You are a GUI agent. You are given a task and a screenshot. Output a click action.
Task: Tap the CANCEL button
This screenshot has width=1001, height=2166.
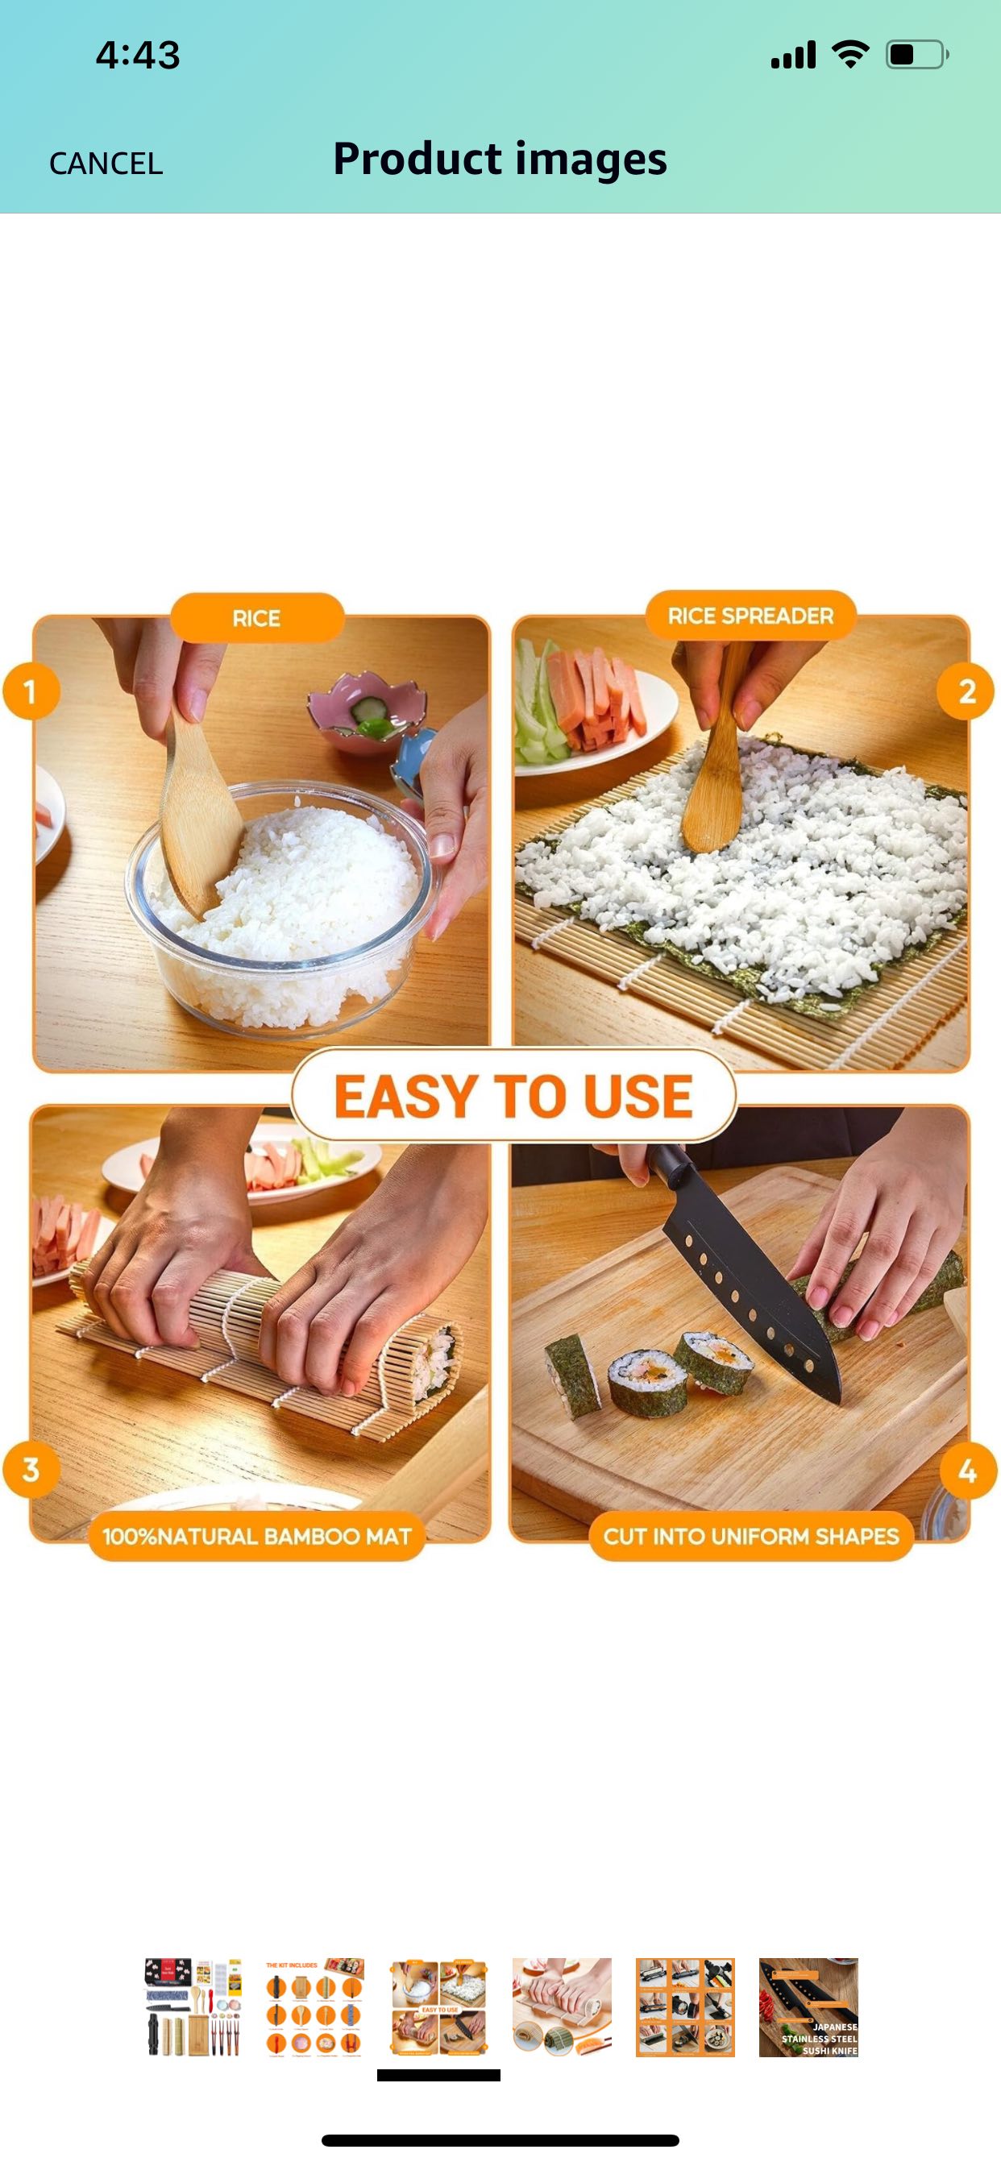click(106, 163)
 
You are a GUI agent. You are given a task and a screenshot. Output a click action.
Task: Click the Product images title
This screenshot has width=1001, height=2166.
click(500, 159)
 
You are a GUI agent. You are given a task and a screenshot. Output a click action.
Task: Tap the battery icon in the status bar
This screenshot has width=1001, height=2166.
click(916, 55)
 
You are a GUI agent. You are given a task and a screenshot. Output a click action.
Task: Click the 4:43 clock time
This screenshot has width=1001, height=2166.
click(138, 56)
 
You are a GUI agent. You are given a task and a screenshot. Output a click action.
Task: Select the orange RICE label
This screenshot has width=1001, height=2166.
click(256, 618)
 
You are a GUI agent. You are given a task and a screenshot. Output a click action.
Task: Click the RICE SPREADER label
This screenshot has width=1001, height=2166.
click(750, 616)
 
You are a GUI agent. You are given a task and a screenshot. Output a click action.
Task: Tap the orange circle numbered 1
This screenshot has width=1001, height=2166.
click(31, 692)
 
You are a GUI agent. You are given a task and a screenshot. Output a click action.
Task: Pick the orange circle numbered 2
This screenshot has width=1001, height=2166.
click(966, 692)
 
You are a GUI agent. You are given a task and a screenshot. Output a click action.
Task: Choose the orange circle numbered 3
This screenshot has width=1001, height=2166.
click(31, 1469)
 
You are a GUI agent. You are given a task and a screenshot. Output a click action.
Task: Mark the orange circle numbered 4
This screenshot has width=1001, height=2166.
click(967, 1471)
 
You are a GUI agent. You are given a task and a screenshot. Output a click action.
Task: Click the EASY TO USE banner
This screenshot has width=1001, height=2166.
click(513, 1096)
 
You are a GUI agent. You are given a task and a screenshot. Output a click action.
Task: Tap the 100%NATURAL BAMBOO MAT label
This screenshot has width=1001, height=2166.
click(256, 1536)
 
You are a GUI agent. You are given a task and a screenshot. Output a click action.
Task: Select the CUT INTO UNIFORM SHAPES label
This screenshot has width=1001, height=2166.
click(750, 1536)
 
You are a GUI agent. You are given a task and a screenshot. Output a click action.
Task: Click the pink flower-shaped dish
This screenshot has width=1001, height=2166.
click(366, 716)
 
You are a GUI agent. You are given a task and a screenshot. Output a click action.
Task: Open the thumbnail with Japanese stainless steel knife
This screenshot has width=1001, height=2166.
click(808, 2007)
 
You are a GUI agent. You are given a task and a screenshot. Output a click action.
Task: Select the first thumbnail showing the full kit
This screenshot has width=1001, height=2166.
click(193, 2007)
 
